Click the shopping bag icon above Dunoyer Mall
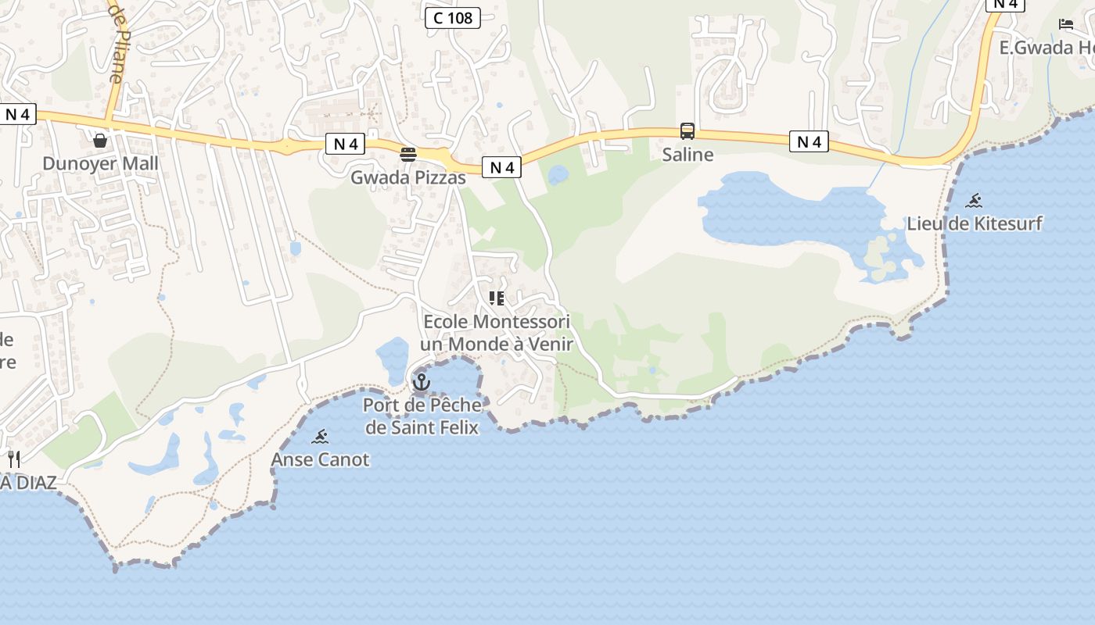[x=100, y=141]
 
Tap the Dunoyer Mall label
[x=100, y=163]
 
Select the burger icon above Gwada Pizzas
[x=408, y=154]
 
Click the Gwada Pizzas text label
[x=408, y=177]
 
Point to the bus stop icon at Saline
[x=688, y=131]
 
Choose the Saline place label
[x=688, y=155]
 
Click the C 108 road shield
[x=453, y=17]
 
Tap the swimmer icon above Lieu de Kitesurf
[x=974, y=201]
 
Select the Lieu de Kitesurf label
[x=975, y=223]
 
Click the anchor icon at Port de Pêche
[x=422, y=382]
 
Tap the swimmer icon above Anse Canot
[x=320, y=437]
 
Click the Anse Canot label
[x=320, y=459]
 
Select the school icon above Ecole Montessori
[x=497, y=298]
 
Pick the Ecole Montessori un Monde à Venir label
[x=497, y=333]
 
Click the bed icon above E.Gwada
[x=1066, y=24]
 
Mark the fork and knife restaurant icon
[x=14, y=459]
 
